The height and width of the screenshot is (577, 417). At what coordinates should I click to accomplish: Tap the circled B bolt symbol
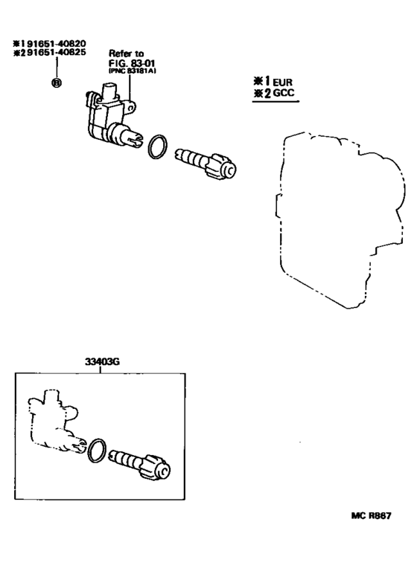[56, 83]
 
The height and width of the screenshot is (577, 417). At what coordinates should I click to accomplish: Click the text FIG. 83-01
[130, 63]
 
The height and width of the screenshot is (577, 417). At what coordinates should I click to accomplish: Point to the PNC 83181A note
[131, 71]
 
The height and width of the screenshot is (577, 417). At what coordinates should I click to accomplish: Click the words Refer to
[125, 54]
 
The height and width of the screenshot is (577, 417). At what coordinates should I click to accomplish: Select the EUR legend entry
[279, 82]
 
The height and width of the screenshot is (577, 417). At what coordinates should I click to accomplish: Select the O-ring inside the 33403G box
[97, 450]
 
